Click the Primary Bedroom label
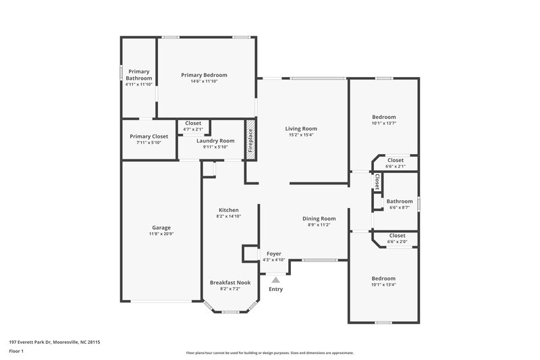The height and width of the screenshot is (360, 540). click(x=204, y=75)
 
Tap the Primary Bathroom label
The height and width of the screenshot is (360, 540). click(x=139, y=75)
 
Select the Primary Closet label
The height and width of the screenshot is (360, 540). click(x=149, y=136)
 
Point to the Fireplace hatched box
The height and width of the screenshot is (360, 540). click(x=249, y=144)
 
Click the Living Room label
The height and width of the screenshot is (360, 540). click(x=300, y=128)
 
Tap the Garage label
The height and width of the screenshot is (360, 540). click(x=161, y=228)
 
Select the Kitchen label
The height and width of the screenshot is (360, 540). click(x=229, y=210)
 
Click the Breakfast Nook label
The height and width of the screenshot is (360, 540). click(x=230, y=282)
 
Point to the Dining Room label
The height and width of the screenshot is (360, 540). click(x=319, y=218)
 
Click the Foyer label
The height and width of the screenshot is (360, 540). click(x=273, y=253)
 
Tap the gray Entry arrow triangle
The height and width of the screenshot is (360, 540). click(x=275, y=279)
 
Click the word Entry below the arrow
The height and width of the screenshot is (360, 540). click(x=275, y=289)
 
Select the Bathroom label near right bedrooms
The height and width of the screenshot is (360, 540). click(x=399, y=201)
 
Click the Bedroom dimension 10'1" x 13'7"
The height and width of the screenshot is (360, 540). click(x=383, y=124)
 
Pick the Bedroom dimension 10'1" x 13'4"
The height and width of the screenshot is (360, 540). click(x=383, y=285)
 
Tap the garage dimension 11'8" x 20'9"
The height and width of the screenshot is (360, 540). click(x=161, y=234)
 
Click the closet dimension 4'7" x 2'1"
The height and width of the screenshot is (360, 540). click(x=193, y=129)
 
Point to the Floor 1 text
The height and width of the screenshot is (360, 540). click(x=16, y=351)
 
